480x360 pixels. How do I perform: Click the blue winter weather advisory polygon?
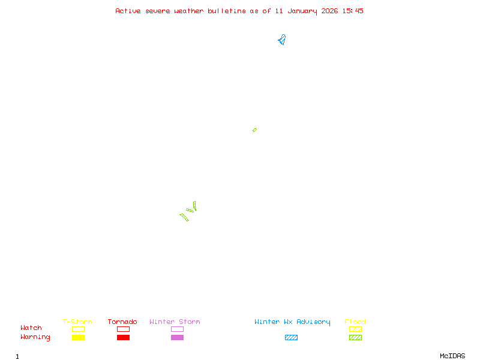point(281,40)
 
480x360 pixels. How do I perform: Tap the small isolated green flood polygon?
point(254,130)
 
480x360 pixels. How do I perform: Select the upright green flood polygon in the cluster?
point(194,206)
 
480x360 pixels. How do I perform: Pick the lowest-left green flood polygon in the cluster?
point(184,217)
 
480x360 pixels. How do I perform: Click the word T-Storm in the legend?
point(77,322)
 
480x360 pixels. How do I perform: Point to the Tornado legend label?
point(122,322)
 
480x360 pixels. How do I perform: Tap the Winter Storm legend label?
point(175,322)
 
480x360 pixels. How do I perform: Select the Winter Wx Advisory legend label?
point(292,322)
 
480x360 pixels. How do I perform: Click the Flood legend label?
point(355,322)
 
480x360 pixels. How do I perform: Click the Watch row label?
point(31,328)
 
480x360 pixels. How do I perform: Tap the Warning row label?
point(35,337)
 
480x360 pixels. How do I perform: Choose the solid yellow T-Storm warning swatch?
point(78,338)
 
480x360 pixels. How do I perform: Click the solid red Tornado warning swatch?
point(123,338)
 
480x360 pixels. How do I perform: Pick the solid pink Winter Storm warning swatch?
point(177,338)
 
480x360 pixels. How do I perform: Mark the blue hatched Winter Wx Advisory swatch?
point(291,338)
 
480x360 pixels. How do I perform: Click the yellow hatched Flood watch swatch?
point(355,329)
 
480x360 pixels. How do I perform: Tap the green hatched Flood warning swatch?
point(355,338)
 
